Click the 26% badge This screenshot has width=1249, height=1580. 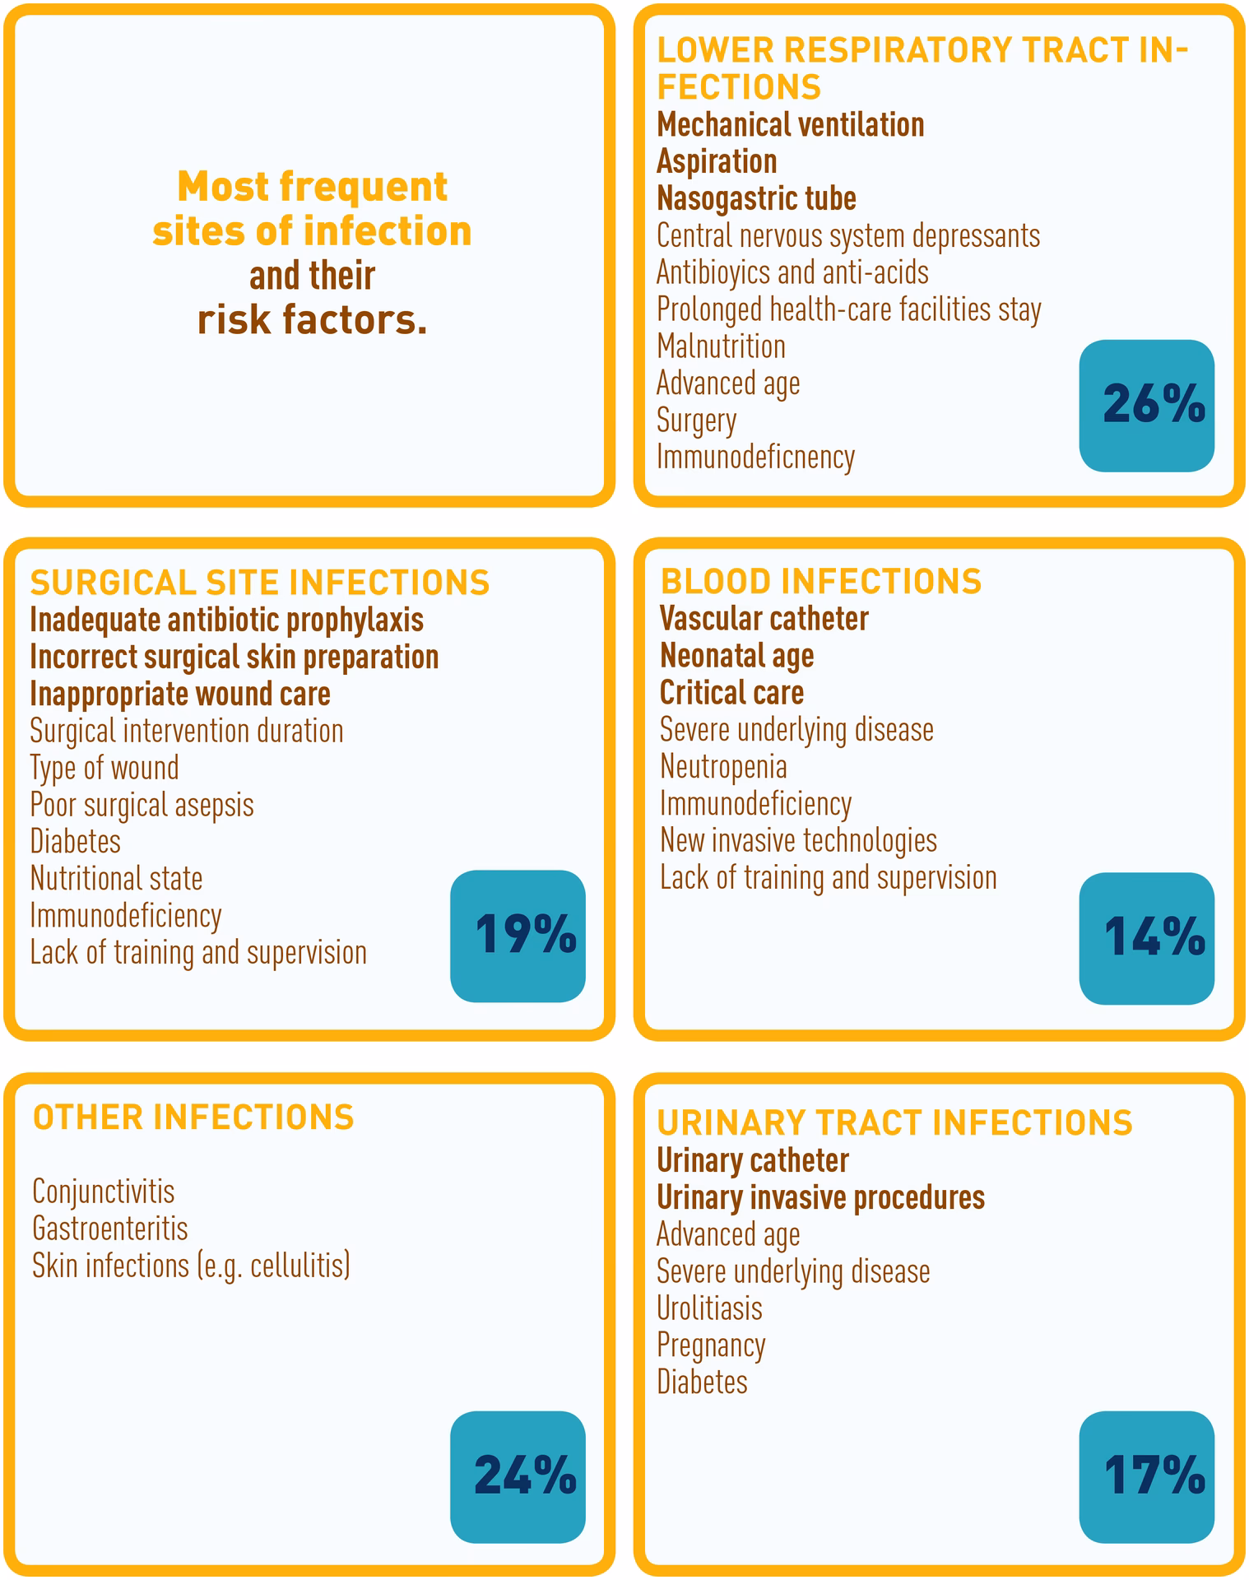(1146, 406)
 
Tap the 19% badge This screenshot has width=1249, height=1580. (518, 936)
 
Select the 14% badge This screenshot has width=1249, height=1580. (1146, 938)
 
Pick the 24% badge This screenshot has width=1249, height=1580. (518, 1476)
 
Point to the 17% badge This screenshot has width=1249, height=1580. (1146, 1476)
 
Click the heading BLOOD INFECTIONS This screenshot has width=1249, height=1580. (820, 582)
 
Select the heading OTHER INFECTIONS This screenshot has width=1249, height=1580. (193, 1118)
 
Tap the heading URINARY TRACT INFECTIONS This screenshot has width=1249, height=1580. (894, 1123)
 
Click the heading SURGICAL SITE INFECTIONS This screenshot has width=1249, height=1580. (260, 583)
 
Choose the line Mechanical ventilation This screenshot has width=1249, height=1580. (790, 125)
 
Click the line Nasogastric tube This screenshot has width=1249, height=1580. (756, 198)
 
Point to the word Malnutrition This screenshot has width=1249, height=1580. (721, 346)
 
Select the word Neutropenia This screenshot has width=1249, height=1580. (723, 767)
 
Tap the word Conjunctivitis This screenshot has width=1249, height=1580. (104, 1192)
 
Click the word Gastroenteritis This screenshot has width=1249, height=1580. (110, 1229)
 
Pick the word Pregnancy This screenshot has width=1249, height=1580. (711, 1345)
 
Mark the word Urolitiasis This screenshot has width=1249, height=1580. (709, 1308)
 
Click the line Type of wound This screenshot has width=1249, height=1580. (104, 768)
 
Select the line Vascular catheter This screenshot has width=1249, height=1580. (764, 619)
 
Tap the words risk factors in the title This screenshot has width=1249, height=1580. (313, 320)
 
